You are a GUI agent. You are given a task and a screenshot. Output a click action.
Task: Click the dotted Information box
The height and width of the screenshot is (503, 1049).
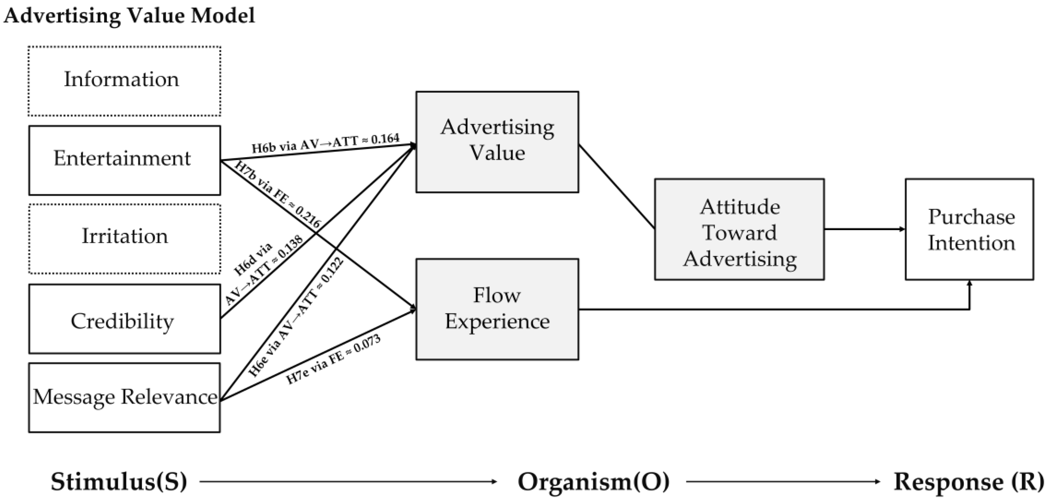point(124,81)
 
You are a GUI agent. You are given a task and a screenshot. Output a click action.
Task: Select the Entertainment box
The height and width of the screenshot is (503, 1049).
point(124,160)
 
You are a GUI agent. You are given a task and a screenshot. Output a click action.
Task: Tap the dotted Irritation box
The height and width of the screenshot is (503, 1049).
point(124,238)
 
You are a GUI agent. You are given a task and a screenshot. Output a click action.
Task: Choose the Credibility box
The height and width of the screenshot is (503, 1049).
point(124,319)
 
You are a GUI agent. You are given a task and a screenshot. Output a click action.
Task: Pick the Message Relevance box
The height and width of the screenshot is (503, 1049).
point(124,397)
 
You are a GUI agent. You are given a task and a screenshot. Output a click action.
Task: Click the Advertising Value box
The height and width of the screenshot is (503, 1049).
point(497,141)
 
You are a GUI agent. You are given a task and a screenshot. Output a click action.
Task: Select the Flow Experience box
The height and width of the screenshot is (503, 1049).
point(497,309)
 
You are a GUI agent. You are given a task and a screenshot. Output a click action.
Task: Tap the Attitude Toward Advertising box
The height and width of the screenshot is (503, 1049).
point(739,229)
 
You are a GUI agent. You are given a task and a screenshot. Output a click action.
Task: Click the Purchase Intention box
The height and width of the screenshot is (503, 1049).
point(969,229)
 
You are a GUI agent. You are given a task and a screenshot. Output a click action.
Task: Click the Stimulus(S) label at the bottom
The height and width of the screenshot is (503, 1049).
point(119,481)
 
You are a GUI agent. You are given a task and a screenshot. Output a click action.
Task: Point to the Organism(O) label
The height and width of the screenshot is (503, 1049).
point(593,481)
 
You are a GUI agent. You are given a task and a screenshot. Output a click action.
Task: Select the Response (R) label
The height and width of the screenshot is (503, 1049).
point(969,481)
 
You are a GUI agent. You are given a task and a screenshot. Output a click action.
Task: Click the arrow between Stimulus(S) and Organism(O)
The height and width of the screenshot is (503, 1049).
point(348,482)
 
